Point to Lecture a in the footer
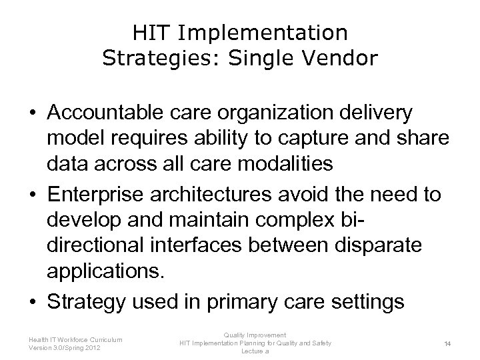pos(255,351)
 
